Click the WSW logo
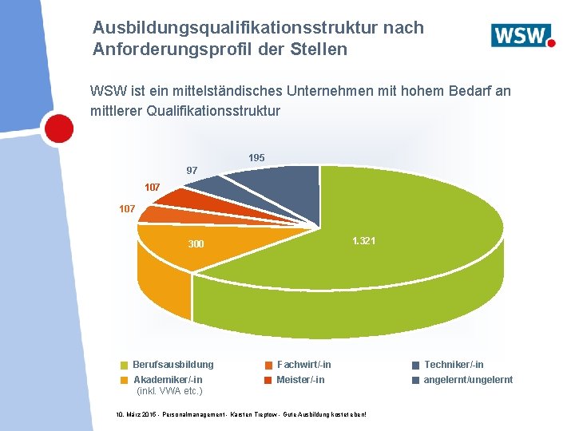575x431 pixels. (522, 36)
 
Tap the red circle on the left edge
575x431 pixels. (57, 127)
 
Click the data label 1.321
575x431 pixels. (363, 241)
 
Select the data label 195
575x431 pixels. (256, 158)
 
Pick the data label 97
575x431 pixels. (192, 171)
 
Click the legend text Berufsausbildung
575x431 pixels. (172, 365)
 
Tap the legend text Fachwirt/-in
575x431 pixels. (303, 365)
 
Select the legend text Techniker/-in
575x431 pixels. (453, 365)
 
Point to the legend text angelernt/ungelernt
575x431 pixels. (468, 380)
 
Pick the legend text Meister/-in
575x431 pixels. (300, 380)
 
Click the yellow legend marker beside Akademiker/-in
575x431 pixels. (124, 380)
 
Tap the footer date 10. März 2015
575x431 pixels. (140, 416)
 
